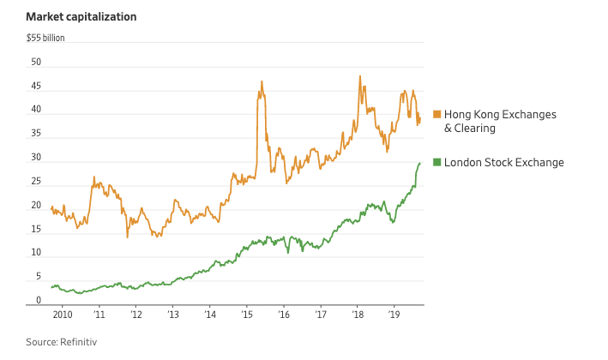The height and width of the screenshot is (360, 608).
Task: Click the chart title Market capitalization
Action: (x=81, y=16)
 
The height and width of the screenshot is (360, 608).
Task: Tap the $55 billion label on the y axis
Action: (x=45, y=38)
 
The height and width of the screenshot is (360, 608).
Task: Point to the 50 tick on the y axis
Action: (x=36, y=63)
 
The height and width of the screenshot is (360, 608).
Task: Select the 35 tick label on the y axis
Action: (x=36, y=134)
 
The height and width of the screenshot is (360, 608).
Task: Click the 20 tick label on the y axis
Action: (x=36, y=206)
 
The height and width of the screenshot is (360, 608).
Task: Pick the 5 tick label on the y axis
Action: (x=39, y=277)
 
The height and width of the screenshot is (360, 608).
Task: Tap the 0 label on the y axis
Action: (x=39, y=301)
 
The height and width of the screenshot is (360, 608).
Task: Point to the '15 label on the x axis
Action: (x=246, y=315)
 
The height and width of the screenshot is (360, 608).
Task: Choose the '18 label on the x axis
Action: (x=357, y=315)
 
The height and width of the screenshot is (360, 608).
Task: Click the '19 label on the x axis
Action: (x=394, y=315)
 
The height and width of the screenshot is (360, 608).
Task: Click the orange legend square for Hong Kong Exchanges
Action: (x=436, y=115)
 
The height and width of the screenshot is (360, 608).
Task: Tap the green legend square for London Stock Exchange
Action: (x=436, y=162)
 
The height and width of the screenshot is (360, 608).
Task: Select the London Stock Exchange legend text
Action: (x=503, y=162)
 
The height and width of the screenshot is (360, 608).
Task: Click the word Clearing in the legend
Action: (x=475, y=129)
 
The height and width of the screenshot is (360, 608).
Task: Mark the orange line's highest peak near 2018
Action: (x=359, y=76)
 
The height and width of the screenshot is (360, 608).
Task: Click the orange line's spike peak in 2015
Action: (x=260, y=82)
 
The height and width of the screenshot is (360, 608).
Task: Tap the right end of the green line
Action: (x=419, y=163)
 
